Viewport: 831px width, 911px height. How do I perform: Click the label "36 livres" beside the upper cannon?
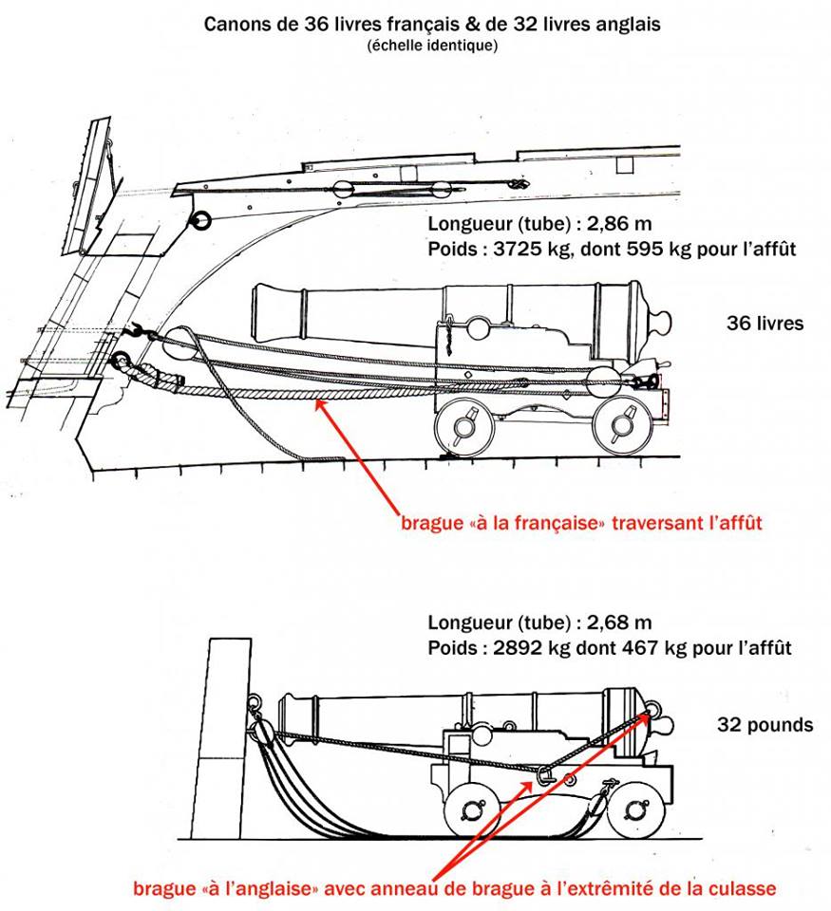[x=765, y=324]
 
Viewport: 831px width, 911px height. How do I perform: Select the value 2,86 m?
[x=601, y=225]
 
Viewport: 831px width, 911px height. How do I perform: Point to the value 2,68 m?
[x=602, y=623]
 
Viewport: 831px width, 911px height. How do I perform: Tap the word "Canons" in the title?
[x=237, y=23]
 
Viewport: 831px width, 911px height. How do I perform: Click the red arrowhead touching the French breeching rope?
[x=321, y=406]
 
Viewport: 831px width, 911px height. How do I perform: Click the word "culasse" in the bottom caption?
[x=745, y=888]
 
